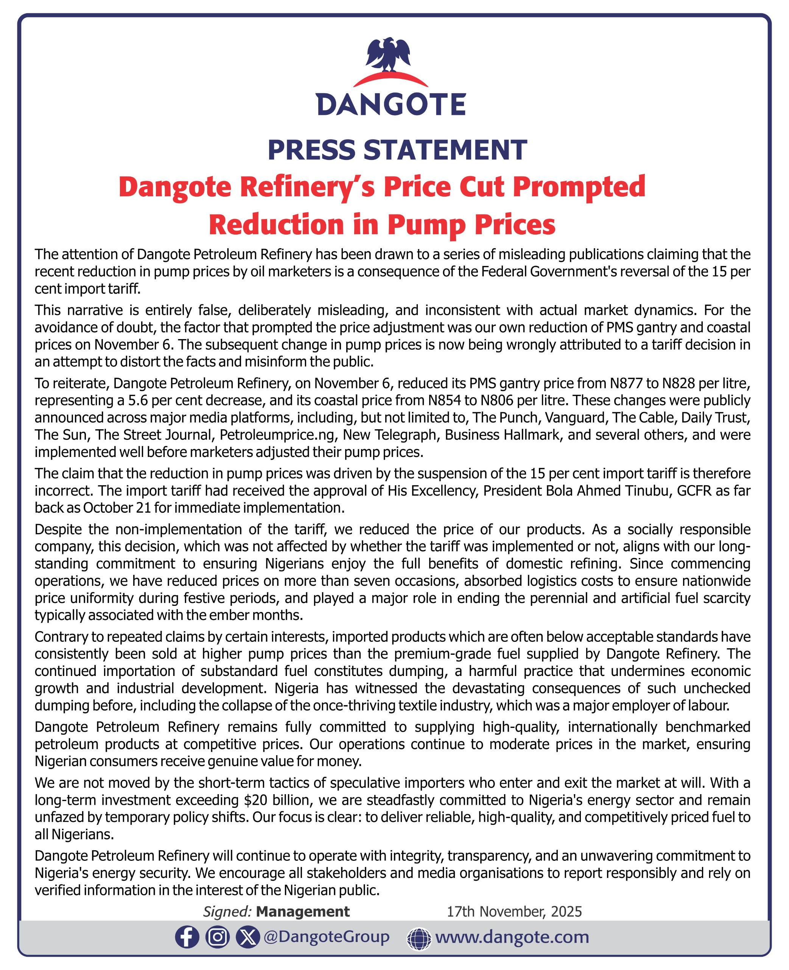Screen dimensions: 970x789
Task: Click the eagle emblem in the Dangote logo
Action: tap(388, 55)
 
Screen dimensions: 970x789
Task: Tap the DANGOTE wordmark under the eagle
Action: tap(391, 104)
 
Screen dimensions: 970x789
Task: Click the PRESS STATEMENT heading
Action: tap(397, 150)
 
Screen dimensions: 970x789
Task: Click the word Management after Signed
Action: tap(303, 911)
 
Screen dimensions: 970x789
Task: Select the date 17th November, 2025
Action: tap(514, 911)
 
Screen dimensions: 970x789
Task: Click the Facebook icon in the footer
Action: tap(187, 937)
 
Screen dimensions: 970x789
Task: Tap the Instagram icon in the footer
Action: tap(217, 937)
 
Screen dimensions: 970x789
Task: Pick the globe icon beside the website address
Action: tap(419, 939)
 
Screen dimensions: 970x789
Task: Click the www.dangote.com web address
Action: tap(512, 937)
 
